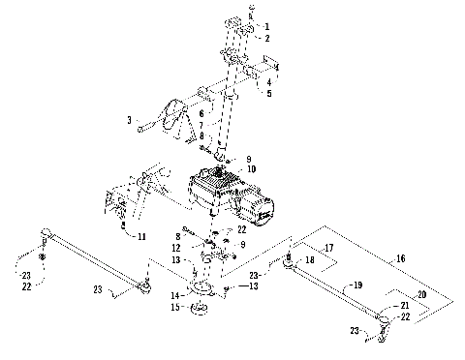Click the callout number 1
pyautogui.click(x=268, y=26)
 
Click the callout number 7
pyautogui.click(x=202, y=125)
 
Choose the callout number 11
pyautogui.click(x=142, y=236)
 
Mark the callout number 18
pyautogui.click(x=311, y=260)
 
